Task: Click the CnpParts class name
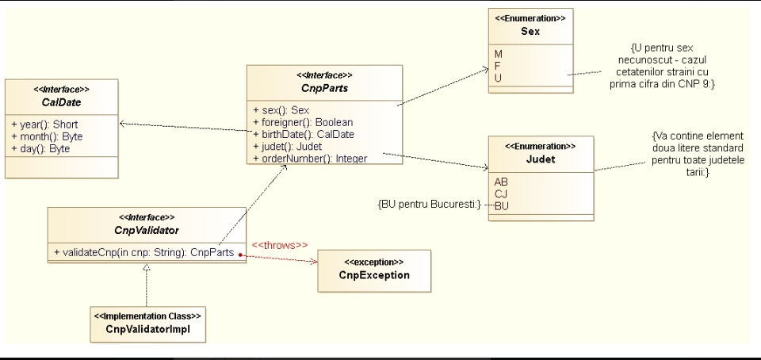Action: (x=325, y=88)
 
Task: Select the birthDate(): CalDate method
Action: (x=304, y=134)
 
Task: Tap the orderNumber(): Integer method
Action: (x=310, y=158)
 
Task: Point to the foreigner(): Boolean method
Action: (x=303, y=122)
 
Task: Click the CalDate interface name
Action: (x=61, y=102)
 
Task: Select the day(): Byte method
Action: (x=40, y=148)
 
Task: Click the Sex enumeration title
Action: (x=530, y=32)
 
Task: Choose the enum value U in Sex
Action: (x=498, y=77)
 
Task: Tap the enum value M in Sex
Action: (x=499, y=53)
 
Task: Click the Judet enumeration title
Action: (x=541, y=159)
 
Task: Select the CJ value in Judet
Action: (x=501, y=194)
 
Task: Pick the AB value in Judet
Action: (x=501, y=182)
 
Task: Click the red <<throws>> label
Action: (x=280, y=246)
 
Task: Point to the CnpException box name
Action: (x=374, y=275)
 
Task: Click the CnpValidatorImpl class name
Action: (x=148, y=328)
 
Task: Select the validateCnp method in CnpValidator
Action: (x=144, y=252)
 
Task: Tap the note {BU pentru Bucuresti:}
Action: (x=429, y=205)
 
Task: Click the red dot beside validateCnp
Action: (x=240, y=255)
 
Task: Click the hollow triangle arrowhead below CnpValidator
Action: (x=147, y=266)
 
